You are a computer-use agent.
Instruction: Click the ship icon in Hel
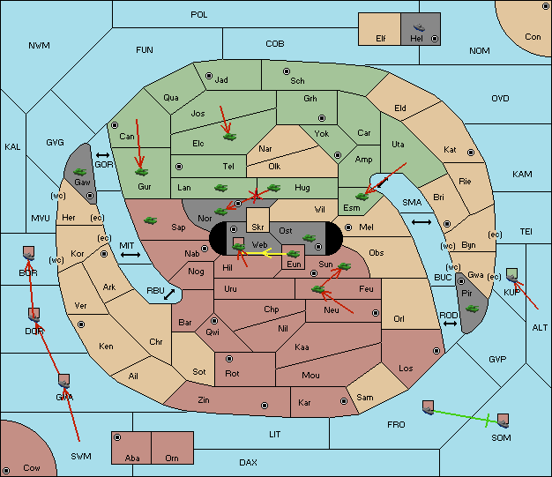click(419, 27)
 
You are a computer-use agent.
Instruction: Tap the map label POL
click(199, 15)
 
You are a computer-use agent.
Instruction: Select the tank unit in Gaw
click(80, 172)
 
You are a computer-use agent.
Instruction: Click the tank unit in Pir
click(472, 309)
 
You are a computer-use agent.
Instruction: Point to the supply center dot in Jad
click(209, 76)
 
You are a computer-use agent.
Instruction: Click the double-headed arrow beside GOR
click(103, 155)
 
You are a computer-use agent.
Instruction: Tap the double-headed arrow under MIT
click(131, 255)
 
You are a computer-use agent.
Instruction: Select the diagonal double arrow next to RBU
click(169, 294)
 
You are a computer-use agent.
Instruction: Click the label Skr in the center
click(257, 227)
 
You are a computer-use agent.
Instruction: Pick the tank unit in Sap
click(150, 220)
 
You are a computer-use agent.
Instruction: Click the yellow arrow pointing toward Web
click(273, 253)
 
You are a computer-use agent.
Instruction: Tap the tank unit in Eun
click(293, 254)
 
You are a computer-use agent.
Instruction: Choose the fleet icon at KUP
click(512, 275)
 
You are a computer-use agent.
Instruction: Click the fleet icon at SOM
click(503, 421)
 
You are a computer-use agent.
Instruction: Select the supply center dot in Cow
click(6, 470)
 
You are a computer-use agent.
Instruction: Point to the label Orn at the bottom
click(172, 458)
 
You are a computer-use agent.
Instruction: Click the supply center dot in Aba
click(117, 437)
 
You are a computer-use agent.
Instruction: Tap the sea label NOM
click(480, 50)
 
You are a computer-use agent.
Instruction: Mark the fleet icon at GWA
click(63, 381)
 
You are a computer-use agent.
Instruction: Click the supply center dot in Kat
click(471, 153)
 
